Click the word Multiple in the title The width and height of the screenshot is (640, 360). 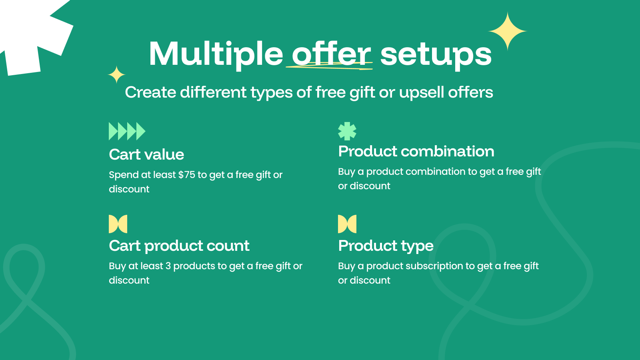pos(216,54)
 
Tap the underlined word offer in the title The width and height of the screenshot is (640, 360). pos(331,54)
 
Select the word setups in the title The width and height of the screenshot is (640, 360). pos(436,55)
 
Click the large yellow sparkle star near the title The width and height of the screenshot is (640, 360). pos(508,31)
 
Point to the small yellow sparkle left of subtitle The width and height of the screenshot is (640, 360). pos(116,74)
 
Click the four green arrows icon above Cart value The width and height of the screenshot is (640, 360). pos(127,131)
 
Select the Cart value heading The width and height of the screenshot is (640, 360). pos(146,154)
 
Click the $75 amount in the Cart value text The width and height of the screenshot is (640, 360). pos(187,175)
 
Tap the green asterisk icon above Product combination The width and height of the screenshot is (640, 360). pos(347,131)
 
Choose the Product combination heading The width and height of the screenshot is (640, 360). pos(416,151)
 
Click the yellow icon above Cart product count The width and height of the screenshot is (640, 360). pos(118,224)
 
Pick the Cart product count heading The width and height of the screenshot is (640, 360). pos(179,246)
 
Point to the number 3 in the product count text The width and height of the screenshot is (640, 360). pos(168,266)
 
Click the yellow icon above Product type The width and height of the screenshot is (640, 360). pos(347,224)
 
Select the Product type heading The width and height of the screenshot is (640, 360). pos(386,246)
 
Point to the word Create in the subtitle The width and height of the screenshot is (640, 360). pos(150,92)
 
